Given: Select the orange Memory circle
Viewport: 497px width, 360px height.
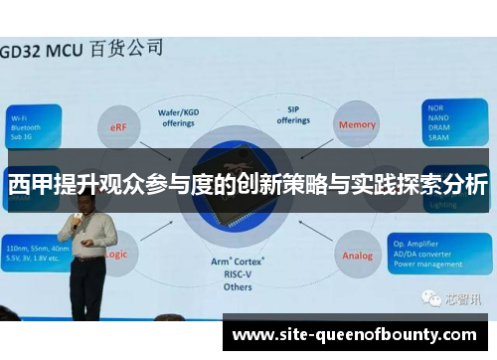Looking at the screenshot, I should click(x=357, y=125).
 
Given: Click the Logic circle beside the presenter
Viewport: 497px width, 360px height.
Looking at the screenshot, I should click(x=115, y=254).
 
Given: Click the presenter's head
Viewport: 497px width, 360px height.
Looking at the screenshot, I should click(x=81, y=201).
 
